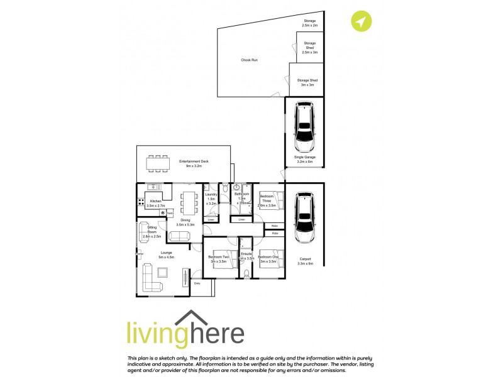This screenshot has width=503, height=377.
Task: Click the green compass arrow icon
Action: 361,22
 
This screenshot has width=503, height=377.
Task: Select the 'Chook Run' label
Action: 250,60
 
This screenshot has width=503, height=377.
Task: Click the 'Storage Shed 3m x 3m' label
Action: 307,82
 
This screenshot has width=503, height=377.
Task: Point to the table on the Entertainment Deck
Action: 158,164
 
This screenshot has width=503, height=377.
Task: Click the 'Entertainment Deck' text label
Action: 194,162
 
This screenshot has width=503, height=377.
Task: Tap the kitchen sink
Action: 153,187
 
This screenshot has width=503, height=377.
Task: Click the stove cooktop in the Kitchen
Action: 140,202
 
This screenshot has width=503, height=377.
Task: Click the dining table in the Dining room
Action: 188,203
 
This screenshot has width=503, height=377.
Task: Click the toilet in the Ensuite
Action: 246,274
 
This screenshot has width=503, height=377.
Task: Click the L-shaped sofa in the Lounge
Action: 152,276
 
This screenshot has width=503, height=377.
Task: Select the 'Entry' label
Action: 197,283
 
